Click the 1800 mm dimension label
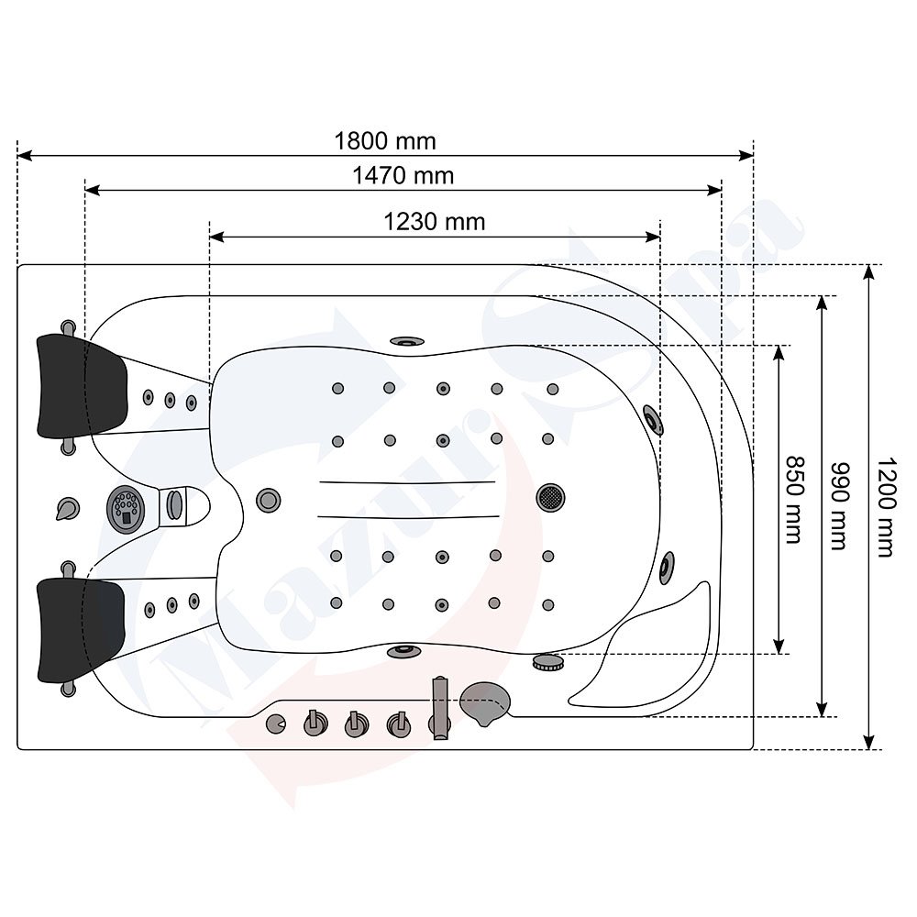click(385, 141)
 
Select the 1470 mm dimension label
click(403, 176)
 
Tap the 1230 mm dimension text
click(434, 222)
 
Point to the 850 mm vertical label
click(792, 500)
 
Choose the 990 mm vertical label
click(839, 506)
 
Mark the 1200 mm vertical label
click(886, 507)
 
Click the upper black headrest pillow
click(82, 387)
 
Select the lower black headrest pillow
click(82, 631)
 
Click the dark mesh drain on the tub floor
click(550, 497)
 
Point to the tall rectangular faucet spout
click(440, 708)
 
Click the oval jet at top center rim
click(407, 341)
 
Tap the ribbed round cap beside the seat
click(548, 663)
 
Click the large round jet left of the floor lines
click(269, 501)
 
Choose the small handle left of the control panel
click(67, 509)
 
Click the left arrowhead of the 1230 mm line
click(216, 237)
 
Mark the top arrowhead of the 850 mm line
click(779, 353)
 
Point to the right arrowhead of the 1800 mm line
click(746, 156)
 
